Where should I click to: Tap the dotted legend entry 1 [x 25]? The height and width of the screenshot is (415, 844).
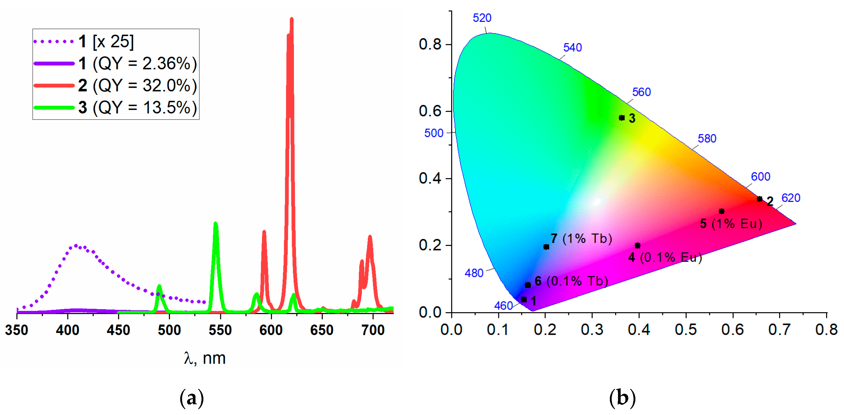(x=84, y=42)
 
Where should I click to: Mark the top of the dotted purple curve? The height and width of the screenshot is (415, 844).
(x=76, y=245)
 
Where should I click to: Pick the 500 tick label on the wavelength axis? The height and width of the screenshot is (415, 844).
(x=169, y=330)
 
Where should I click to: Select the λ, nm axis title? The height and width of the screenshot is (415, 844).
(x=205, y=358)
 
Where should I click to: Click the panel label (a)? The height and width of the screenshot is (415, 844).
(x=192, y=398)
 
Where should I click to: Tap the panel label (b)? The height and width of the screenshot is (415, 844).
(x=622, y=398)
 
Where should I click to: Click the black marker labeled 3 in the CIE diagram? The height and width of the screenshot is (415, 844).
(x=621, y=118)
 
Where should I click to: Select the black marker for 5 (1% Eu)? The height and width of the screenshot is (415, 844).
(x=721, y=211)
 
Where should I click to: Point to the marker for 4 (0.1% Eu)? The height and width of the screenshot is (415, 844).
(x=637, y=245)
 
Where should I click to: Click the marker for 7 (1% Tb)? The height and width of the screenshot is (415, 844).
(x=546, y=247)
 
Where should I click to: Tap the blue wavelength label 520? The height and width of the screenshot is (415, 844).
(x=482, y=18)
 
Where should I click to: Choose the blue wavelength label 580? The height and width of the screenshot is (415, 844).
(x=707, y=139)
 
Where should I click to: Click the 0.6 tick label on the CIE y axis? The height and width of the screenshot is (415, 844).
(x=430, y=111)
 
